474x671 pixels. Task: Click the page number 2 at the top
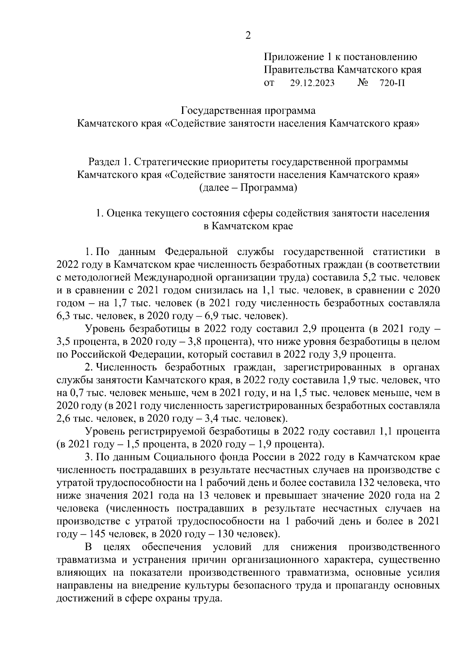pyautogui.click(x=248, y=36)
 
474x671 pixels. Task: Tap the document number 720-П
pyautogui.click(x=392, y=83)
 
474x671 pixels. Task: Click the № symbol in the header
pyautogui.click(x=363, y=83)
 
